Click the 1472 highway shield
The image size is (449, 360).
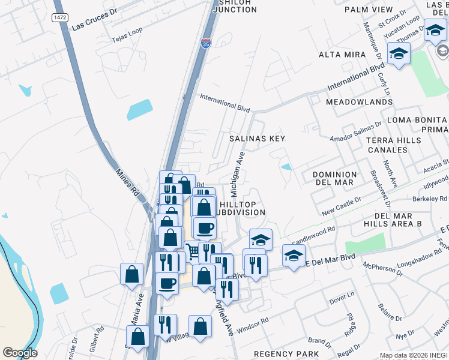point(59,17)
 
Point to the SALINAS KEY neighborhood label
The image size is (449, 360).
point(257,139)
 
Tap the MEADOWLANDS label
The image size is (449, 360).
point(359,103)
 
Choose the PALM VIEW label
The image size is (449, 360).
point(369,10)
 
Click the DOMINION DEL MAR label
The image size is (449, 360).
point(334,179)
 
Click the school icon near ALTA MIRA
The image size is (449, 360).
point(399,54)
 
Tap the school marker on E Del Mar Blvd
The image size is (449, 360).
point(293,256)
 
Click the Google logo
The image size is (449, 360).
point(20,353)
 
